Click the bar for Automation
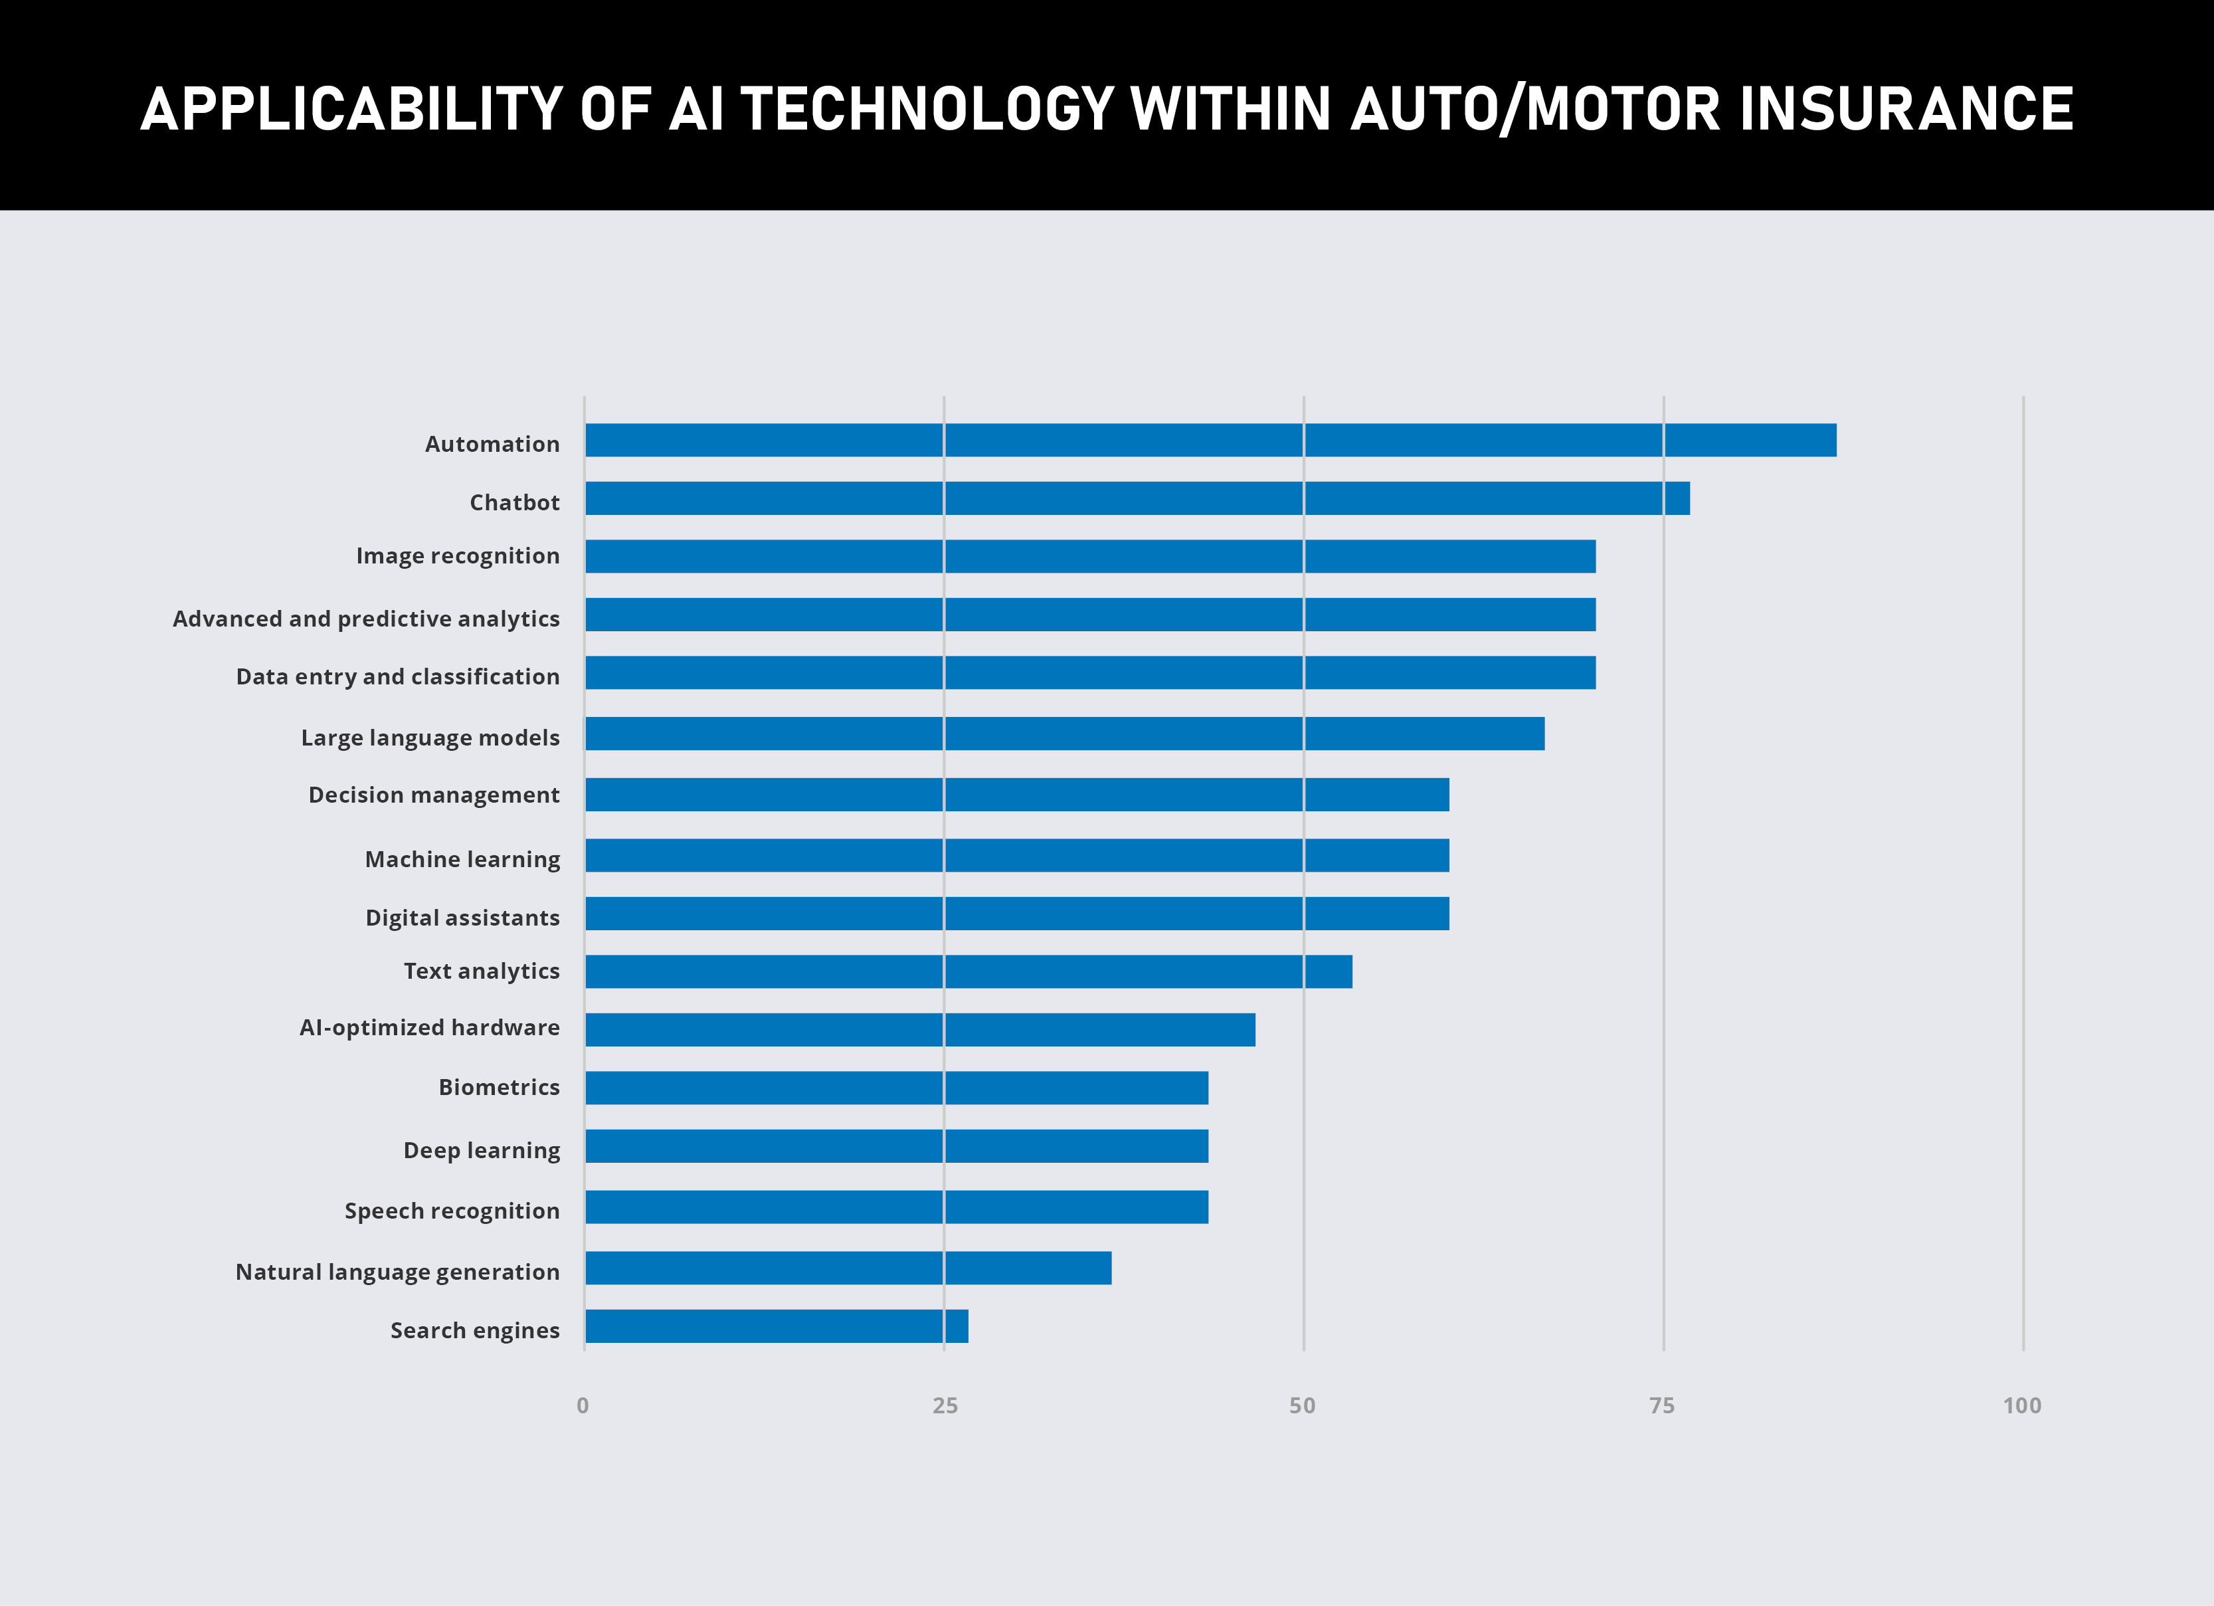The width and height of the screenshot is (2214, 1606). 1210,441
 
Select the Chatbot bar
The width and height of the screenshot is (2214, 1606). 1137,498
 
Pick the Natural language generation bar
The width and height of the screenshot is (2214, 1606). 848,1267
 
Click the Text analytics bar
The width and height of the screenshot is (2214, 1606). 969,971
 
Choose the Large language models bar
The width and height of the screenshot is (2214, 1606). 1065,733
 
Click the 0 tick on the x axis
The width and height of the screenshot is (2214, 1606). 583,1406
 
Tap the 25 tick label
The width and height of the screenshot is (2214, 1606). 945,1406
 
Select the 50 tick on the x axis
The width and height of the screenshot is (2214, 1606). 1302,1406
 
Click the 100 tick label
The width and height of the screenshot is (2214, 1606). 2021,1406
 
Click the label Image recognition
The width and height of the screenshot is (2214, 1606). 458,555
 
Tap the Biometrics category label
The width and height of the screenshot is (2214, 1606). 499,1086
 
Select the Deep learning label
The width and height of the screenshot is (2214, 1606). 482,1150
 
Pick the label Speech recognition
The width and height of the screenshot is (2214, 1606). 452,1211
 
